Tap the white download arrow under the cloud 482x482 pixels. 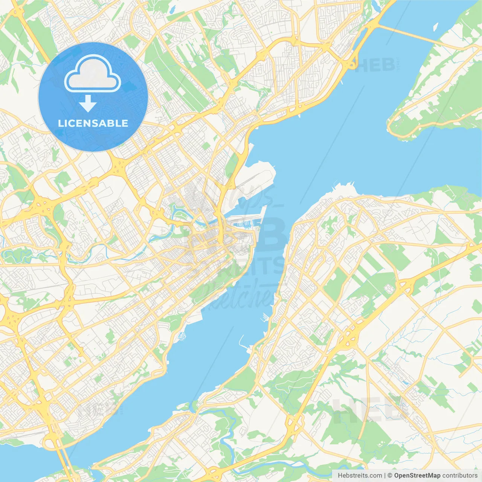[88, 104]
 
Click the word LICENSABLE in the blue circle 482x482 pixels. [93, 123]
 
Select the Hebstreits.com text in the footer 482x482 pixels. [360, 476]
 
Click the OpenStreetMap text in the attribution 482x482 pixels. [417, 476]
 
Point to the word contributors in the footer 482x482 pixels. [460, 476]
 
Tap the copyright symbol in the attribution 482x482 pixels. [390, 476]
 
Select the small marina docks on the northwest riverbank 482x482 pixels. [182, 335]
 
